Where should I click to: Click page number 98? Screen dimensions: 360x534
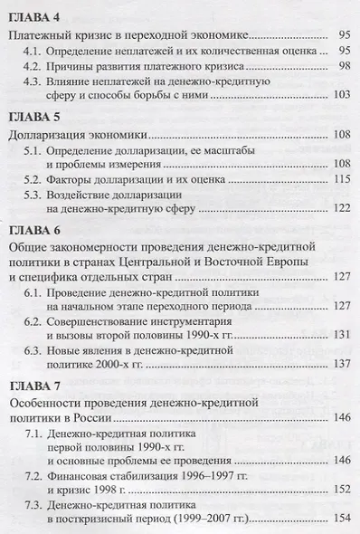tap(344, 66)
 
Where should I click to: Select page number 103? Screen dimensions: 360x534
tap(341, 95)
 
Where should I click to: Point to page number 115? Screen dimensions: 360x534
tap(341, 179)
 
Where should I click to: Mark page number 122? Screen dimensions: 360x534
tap(341, 207)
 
